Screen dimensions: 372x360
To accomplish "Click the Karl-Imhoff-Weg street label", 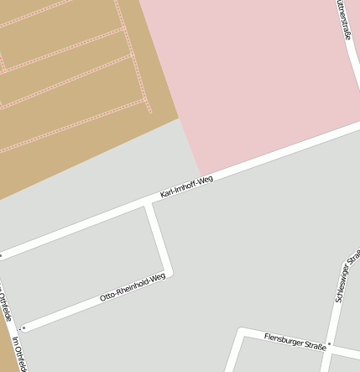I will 186,187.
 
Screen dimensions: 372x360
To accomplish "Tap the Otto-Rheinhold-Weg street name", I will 133,287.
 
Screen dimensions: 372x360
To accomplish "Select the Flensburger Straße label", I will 294,337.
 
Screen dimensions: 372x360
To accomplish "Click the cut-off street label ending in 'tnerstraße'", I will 342,21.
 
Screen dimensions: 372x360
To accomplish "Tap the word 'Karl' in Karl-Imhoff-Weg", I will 167,194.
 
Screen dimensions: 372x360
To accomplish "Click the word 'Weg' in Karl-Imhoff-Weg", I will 204,181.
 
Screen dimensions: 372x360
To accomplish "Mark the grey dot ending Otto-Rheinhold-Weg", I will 25,327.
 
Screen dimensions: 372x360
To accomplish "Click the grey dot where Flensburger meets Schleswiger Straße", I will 331,343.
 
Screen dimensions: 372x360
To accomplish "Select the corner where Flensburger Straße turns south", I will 242,332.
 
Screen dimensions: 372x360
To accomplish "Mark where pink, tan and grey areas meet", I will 179,118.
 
